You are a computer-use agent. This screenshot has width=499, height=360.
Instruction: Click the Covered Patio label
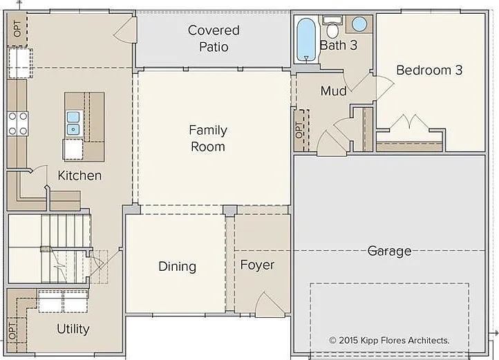click(x=214, y=39)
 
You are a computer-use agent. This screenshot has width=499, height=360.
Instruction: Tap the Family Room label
click(x=208, y=138)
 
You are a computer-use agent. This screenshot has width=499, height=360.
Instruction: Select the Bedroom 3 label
click(x=429, y=70)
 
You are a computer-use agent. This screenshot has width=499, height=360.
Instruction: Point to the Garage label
click(x=389, y=251)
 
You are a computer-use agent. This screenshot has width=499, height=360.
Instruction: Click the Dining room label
click(x=177, y=267)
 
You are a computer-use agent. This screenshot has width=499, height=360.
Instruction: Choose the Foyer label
click(x=257, y=265)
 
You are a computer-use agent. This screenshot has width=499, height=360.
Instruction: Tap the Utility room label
click(x=73, y=329)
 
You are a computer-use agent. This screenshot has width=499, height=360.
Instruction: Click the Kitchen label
click(x=79, y=176)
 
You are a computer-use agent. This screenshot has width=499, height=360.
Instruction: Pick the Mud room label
click(x=334, y=91)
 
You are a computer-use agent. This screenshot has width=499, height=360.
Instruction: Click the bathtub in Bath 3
click(x=306, y=39)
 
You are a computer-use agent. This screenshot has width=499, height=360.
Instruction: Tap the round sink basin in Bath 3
click(x=359, y=24)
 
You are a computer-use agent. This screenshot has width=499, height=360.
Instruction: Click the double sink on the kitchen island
click(x=73, y=123)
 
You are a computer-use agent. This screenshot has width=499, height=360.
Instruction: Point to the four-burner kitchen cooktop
click(x=18, y=124)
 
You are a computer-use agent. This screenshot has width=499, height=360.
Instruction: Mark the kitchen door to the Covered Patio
click(x=125, y=29)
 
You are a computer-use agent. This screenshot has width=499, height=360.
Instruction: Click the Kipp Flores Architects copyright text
click(x=389, y=340)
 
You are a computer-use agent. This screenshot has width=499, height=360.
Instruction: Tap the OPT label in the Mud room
click(x=299, y=130)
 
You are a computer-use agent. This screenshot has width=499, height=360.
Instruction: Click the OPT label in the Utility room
click(x=12, y=331)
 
